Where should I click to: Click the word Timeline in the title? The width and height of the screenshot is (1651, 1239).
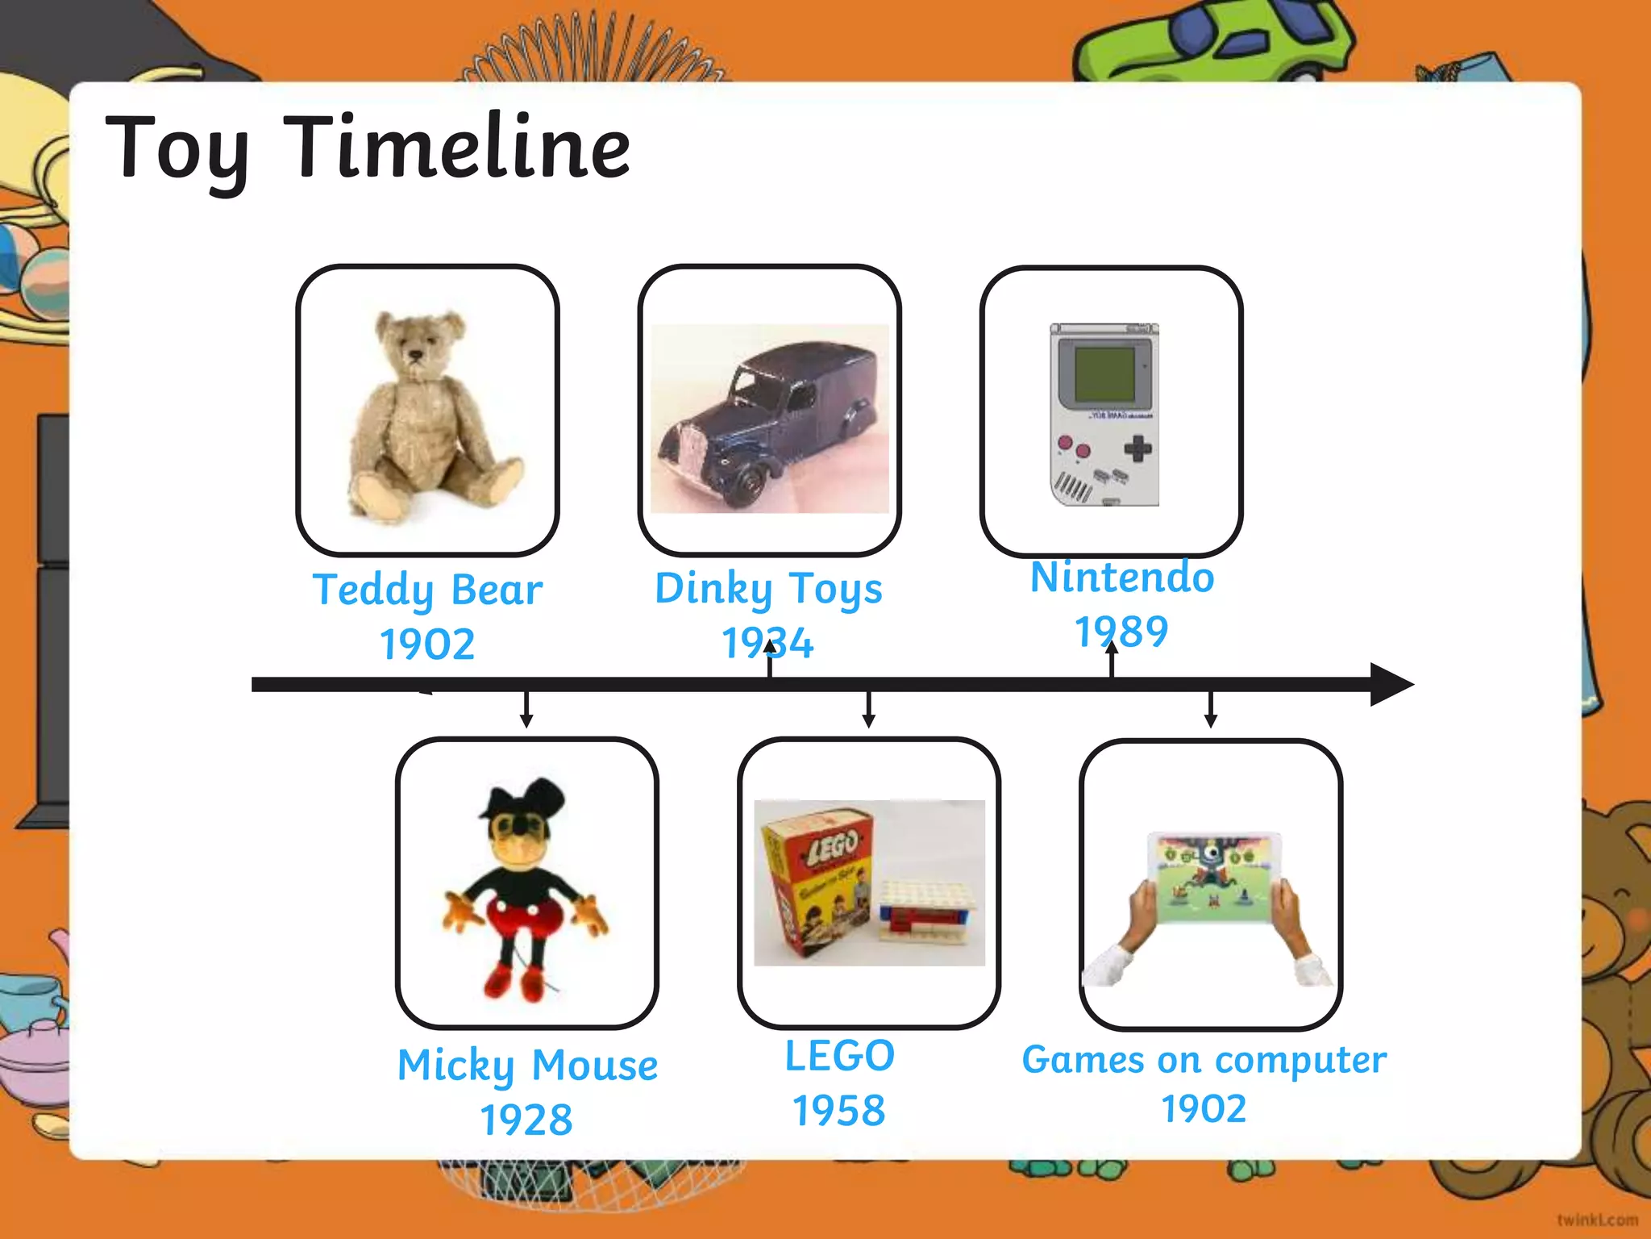click(456, 147)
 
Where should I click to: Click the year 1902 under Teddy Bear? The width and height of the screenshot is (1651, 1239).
click(427, 644)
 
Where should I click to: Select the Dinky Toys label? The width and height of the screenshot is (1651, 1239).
click(768, 589)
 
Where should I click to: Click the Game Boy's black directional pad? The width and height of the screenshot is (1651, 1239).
click(1137, 448)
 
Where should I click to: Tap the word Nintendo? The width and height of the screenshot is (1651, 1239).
click(1122, 578)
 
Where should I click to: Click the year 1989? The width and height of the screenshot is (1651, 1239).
click(1122, 631)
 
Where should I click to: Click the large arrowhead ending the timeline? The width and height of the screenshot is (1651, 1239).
click(1391, 685)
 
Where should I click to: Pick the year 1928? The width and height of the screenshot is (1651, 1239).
click(526, 1120)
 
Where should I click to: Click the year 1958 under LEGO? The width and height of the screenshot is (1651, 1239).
click(839, 1111)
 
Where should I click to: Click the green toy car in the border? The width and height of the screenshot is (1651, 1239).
click(1217, 40)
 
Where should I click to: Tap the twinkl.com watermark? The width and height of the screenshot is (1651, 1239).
click(1596, 1220)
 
